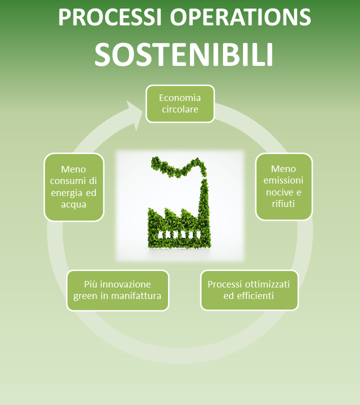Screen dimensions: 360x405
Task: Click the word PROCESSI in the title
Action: pos(110,17)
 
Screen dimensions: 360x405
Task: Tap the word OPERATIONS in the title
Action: pos(240,17)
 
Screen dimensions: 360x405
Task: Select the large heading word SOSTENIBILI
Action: pos(184,54)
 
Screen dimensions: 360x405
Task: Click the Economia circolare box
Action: pos(180,103)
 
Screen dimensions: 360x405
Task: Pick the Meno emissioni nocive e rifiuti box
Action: pos(284,186)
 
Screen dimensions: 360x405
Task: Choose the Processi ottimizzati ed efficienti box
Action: pos(249,290)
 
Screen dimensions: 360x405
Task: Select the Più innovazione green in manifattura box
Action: pos(118,290)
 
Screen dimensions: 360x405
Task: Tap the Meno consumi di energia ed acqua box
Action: pos(74,187)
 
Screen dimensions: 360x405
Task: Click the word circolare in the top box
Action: pos(180,109)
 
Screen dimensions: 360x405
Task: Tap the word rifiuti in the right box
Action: pos(283,204)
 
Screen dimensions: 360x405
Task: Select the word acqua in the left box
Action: pos(73,204)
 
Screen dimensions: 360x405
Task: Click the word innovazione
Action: pos(125,284)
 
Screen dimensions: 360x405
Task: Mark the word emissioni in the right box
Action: pos(283,180)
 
